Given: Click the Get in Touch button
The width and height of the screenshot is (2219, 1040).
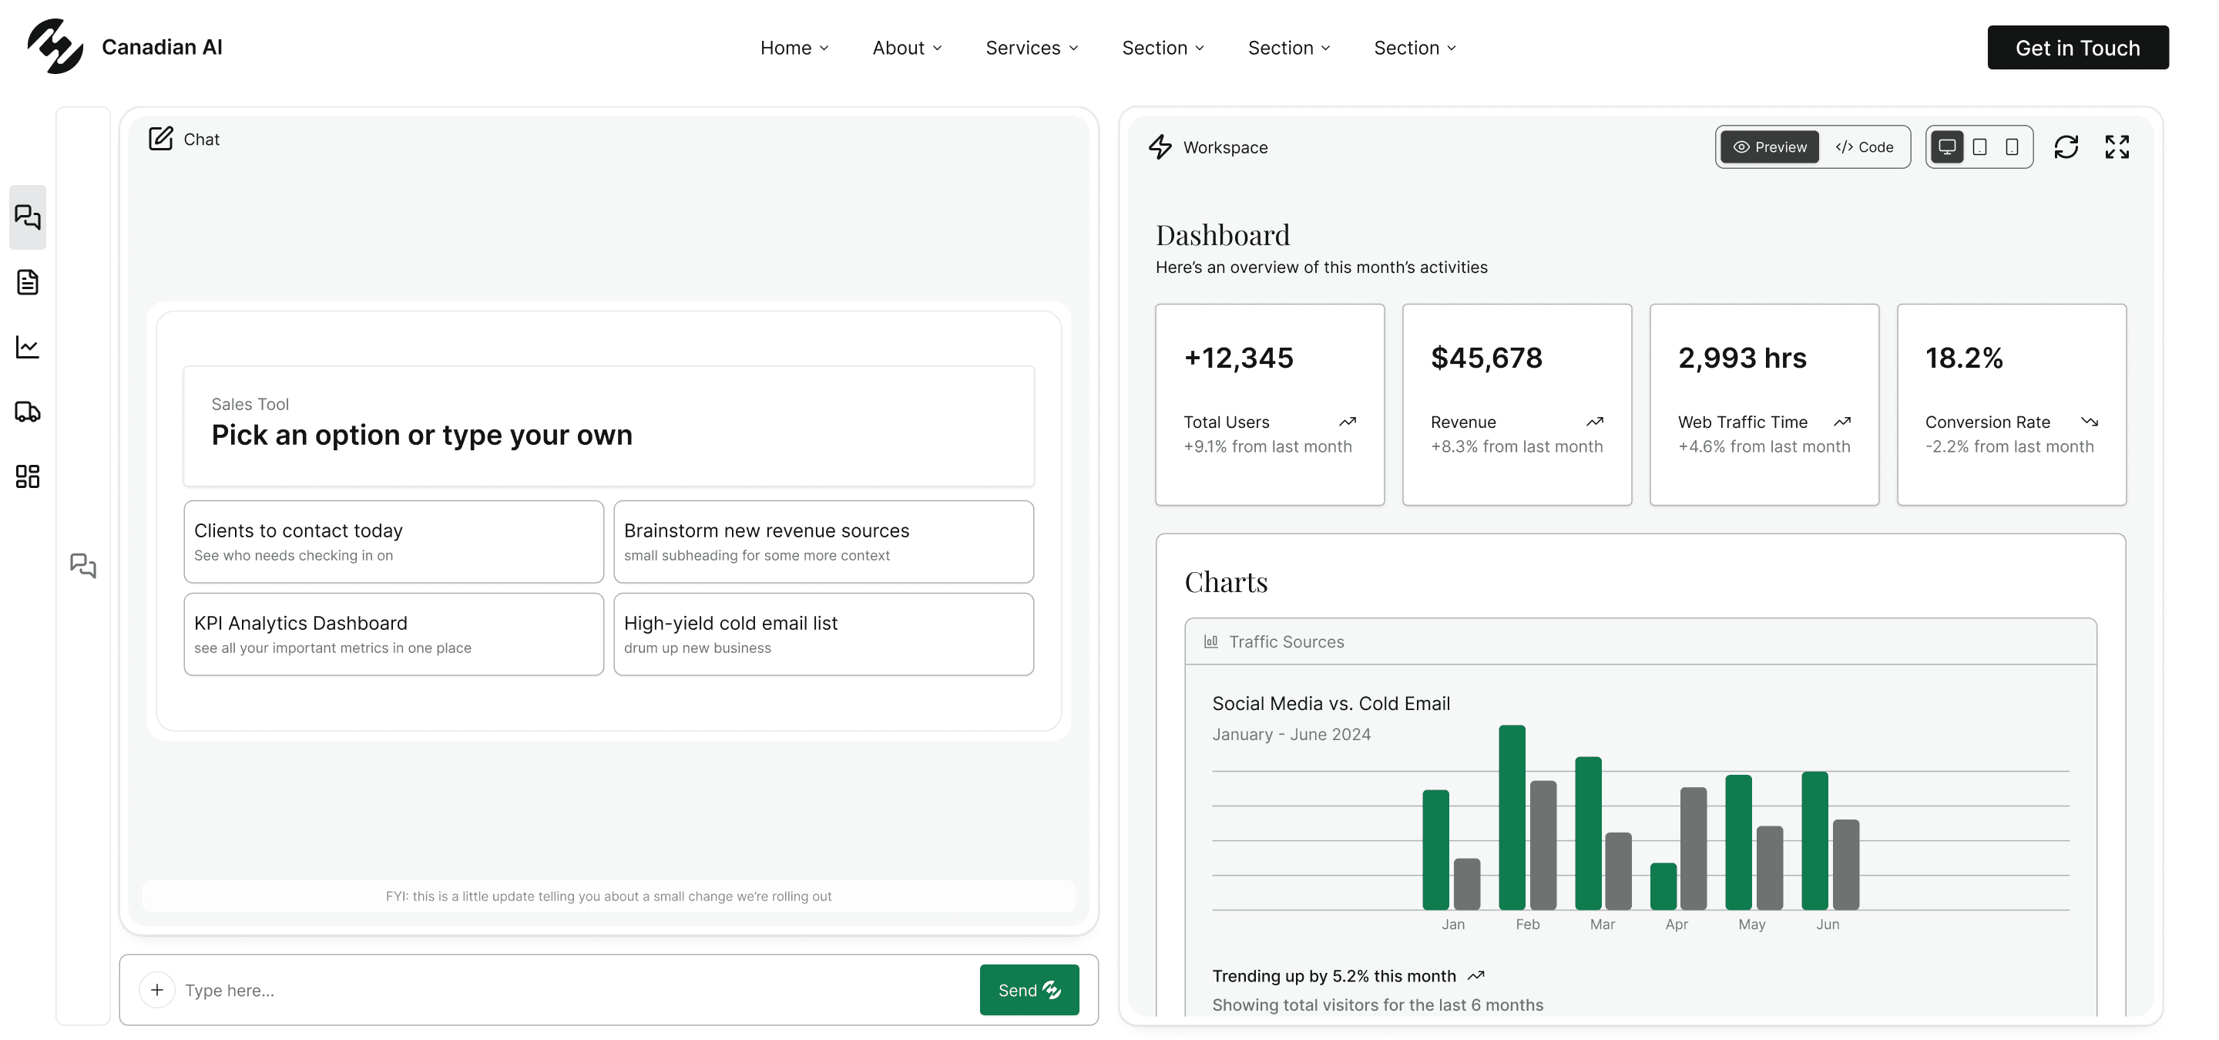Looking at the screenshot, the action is coord(2077,47).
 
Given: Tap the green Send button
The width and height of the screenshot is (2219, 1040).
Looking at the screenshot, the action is coord(1029,989).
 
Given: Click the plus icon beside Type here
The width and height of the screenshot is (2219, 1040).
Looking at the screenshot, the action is coord(156,989).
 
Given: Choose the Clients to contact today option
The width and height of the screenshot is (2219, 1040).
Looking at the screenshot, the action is coord(394,541).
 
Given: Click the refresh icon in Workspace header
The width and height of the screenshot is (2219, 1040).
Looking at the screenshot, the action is coord(2066,147).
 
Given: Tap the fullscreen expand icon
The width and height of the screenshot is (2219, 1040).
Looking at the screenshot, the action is coord(2117,147).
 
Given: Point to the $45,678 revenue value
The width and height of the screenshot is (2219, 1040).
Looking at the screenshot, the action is coord(1486,358).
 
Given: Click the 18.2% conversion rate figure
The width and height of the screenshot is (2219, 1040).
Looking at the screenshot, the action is coord(1963,358).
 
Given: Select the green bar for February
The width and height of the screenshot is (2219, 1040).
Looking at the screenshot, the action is coord(1512,817).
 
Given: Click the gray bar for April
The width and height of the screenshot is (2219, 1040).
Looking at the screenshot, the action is coord(1693,848).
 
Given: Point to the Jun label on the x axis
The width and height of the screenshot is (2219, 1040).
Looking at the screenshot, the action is coord(1827,924).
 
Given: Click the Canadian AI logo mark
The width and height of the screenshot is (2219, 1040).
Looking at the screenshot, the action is coord(55,46).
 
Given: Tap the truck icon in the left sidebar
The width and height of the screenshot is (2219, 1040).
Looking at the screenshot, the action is coord(28,412).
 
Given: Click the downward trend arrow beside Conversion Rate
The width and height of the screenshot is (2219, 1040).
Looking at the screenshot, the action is coord(2089,422).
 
